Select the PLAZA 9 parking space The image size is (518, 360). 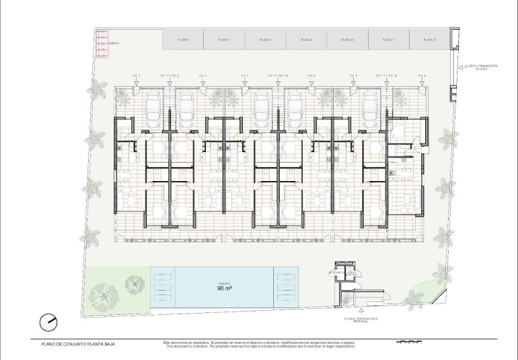click(x=306, y=40)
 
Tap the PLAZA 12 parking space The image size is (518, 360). click(x=430, y=40)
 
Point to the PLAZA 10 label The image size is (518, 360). click(x=347, y=40)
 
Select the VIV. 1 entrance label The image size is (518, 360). click(x=136, y=75)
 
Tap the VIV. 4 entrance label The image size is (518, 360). click(x=311, y=75)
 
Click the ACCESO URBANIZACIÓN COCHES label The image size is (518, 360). click(x=480, y=67)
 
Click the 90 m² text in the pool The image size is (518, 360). click(x=225, y=288)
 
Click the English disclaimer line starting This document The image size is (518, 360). click(x=259, y=347)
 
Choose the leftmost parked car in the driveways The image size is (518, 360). click(x=153, y=108)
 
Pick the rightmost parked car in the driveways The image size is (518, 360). click(x=370, y=108)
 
